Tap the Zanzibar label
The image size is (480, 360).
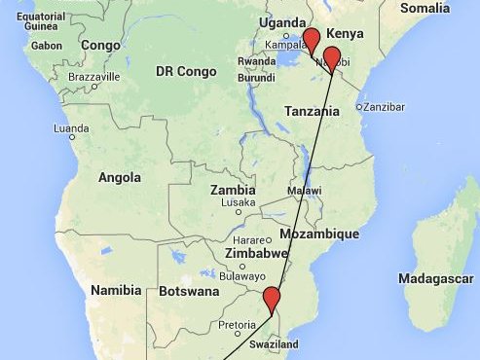(x=384, y=107)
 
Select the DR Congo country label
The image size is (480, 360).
(x=186, y=71)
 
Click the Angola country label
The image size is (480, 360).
(x=121, y=178)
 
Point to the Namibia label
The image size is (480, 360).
(x=116, y=290)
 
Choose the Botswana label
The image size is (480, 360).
(x=188, y=291)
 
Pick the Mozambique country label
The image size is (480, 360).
(x=319, y=234)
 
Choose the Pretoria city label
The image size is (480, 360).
(x=238, y=324)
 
